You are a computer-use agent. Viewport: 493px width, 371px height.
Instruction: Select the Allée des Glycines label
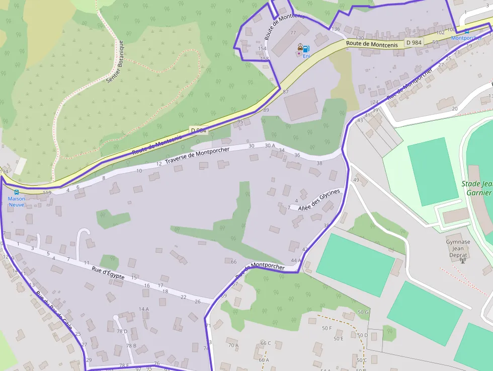[x=319, y=200]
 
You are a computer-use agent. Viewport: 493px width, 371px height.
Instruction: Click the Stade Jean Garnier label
[x=476, y=188]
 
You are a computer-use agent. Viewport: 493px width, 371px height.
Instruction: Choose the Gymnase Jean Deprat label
[x=458, y=248]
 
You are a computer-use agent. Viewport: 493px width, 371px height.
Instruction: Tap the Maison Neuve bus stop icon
[x=16, y=192]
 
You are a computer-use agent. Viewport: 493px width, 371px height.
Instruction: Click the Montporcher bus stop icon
[x=466, y=31]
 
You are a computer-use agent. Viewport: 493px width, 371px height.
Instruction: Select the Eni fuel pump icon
[x=306, y=49]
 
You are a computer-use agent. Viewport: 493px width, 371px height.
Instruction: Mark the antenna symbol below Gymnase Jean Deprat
[x=463, y=260]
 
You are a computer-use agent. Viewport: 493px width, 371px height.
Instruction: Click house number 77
[x=293, y=33]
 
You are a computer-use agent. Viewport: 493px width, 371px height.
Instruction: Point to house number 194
[x=4, y=172]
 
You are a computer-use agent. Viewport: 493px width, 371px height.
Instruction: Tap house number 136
[x=336, y=29]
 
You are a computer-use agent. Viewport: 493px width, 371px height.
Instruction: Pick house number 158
[x=265, y=59]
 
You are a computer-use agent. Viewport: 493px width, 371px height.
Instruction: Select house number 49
[x=356, y=180]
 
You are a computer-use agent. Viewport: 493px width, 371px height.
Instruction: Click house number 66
[x=233, y=262]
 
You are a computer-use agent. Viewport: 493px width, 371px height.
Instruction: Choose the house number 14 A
[x=144, y=309]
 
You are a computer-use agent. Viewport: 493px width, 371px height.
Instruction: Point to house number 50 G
[x=363, y=313]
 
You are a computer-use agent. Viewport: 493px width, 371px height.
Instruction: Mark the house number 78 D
[x=122, y=331]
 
